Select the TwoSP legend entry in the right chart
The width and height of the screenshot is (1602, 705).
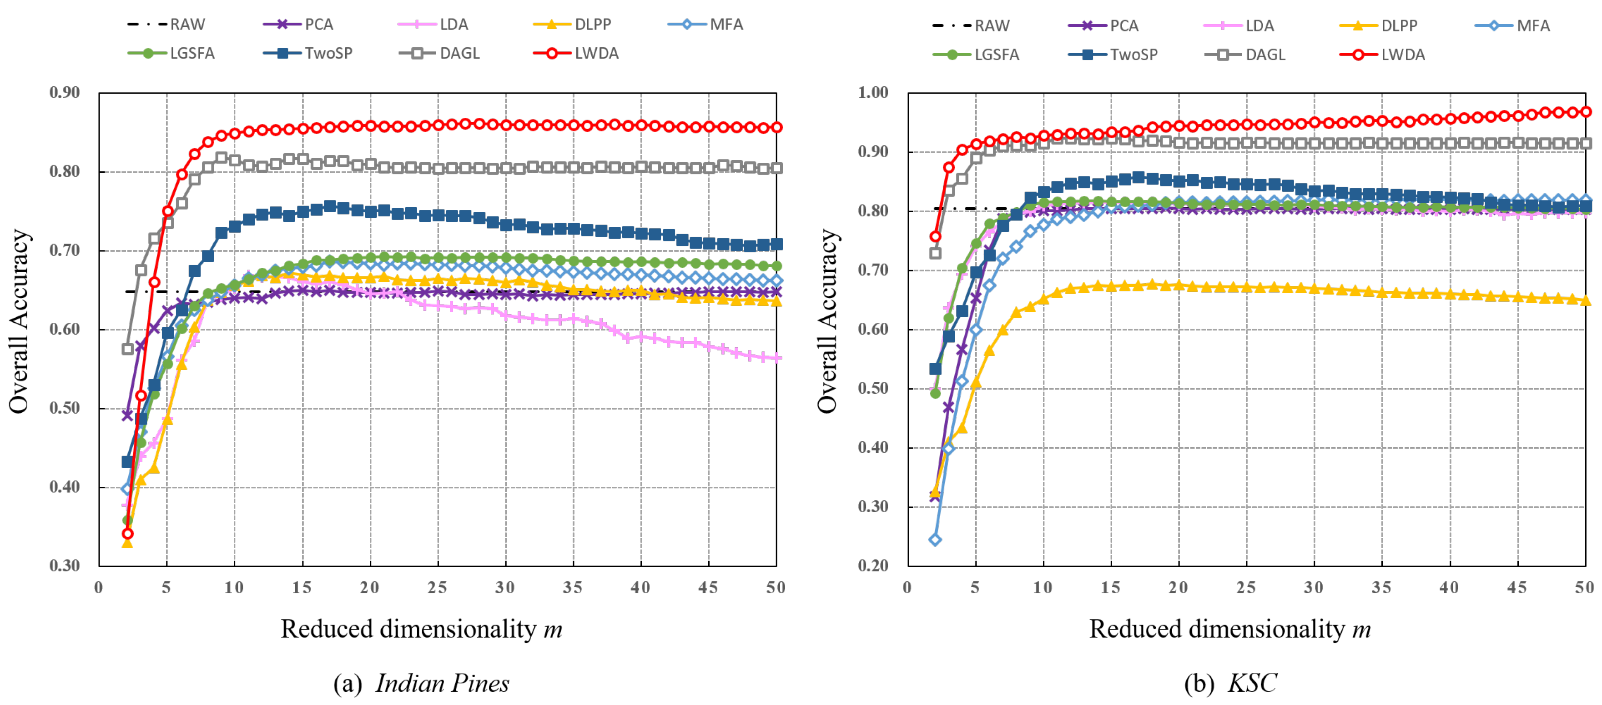1114,55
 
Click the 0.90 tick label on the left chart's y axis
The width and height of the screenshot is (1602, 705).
65,93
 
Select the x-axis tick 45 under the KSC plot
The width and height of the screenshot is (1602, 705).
1517,587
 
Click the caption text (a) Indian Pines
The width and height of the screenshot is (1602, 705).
421,683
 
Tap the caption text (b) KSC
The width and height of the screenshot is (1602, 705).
1230,683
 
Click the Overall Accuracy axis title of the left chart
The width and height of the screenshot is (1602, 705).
19,321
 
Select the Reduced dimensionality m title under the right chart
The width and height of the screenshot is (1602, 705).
1229,629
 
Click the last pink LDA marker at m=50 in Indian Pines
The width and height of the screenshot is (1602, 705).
776,358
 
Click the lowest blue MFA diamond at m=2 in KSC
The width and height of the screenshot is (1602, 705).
935,540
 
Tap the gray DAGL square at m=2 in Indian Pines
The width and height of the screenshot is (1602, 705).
127,349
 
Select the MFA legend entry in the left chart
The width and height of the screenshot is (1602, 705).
706,24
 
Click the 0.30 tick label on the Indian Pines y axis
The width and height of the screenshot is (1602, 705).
65,566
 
